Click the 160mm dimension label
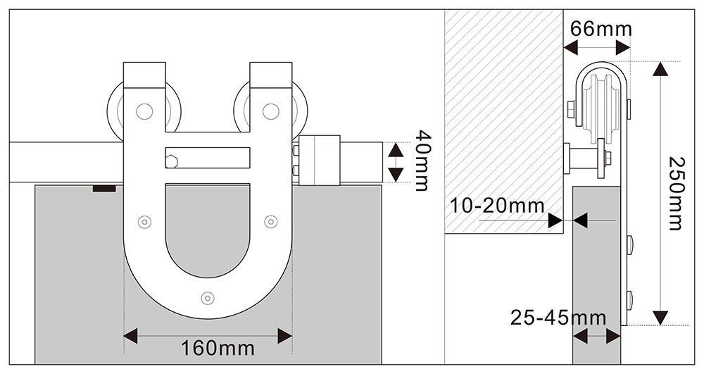click(218, 348)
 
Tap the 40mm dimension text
click(422, 161)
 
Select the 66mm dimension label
click(601, 29)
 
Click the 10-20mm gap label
click(496, 206)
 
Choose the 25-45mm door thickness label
click(558, 318)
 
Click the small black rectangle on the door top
click(104, 188)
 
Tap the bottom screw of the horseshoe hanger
click(207, 298)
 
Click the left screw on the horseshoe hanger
click(144, 221)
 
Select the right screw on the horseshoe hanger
click(271, 221)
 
